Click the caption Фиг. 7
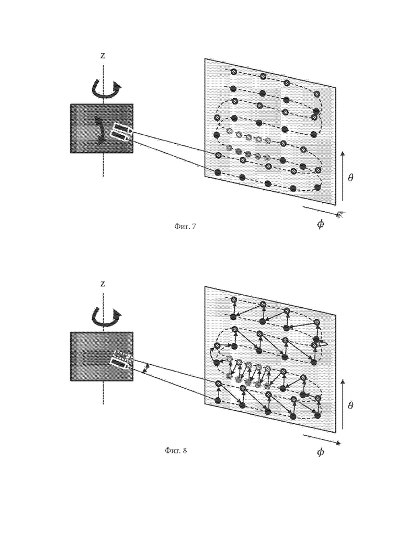coord(185,226)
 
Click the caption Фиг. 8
coord(176,451)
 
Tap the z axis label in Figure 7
coord(103,56)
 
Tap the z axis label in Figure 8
coord(103,284)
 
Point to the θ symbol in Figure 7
coord(350,177)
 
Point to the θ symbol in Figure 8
coord(350,405)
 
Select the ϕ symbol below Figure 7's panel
coord(320,224)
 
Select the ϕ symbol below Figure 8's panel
coord(320,452)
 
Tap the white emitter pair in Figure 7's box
coord(120,133)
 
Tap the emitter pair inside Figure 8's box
coord(120,361)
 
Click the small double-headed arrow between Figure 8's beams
coord(146,368)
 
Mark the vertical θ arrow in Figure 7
coord(343,176)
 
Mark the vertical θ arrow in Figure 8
coord(343,404)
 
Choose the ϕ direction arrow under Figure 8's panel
coord(322,439)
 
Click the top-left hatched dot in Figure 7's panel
coord(233,72)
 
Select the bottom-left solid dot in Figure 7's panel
coord(219,172)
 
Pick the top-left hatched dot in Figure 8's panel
coord(233,299)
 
